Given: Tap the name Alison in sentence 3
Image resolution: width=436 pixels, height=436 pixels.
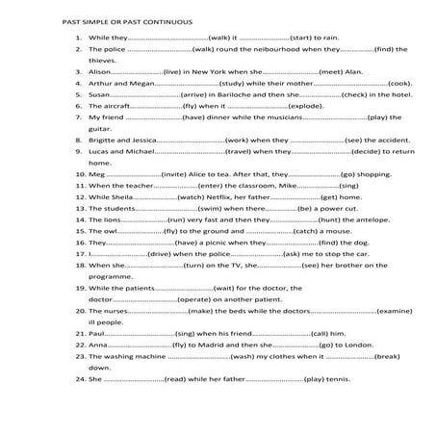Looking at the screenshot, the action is [x=101, y=70].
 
